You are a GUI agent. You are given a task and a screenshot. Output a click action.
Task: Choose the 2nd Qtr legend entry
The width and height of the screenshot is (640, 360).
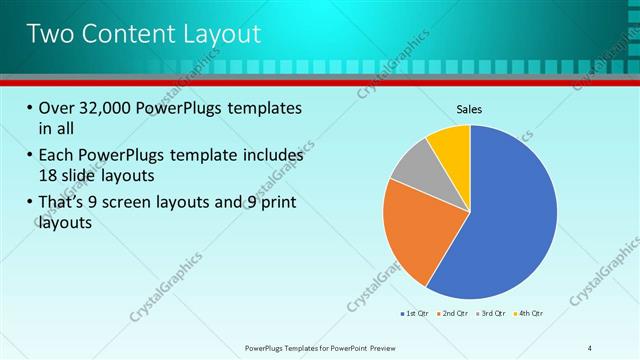coord(455,315)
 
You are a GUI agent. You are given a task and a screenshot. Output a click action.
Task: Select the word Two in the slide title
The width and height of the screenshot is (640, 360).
coord(49,33)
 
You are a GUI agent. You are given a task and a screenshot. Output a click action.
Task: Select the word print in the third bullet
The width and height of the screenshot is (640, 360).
coord(279,204)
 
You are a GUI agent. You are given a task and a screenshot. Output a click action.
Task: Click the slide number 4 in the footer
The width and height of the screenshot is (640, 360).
coord(589,348)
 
